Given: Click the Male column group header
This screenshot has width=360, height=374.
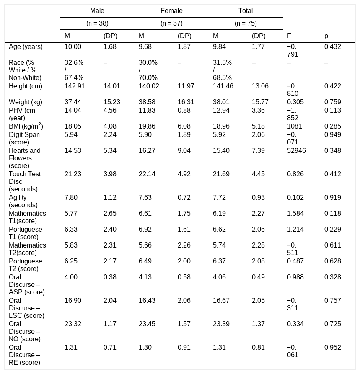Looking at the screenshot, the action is click(x=97, y=11).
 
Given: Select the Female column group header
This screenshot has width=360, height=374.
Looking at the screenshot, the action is click(x=171, y=11).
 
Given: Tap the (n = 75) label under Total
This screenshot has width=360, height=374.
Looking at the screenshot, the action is click(x=246, y=23).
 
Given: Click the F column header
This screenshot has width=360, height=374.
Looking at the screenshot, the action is click(x=289, y=36).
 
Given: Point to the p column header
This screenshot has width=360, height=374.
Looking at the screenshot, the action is click(x=326, y=36).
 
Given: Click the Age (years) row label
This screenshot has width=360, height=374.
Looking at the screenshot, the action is click(x=26, y=47).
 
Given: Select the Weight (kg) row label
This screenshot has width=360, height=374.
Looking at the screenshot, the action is click(x=26, y=102).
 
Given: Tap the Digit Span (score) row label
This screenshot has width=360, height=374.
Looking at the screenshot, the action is click(x=24, y=138).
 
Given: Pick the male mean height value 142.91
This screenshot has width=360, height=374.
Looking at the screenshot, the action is click(x=75, y=86).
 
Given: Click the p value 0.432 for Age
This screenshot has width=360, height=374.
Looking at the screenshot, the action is click(x=332, y=46).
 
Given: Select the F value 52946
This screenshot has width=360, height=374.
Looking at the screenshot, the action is click(x=296, y=150).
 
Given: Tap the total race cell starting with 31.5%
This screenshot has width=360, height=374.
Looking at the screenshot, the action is click(x=222, y=70).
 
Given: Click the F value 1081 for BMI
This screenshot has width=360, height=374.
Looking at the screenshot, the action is click(x=294, y=126).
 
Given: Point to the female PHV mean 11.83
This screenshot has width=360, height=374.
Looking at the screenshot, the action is click(x=147, y=111).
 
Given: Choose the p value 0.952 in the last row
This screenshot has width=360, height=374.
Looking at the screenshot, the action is click(x=332, y=348).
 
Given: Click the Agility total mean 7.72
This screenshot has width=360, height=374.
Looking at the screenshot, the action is click(x=219, y=198).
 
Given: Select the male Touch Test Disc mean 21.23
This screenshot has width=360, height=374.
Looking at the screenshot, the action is click(x=73, y=174).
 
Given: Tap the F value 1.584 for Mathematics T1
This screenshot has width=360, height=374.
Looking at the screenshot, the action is click(x=295, y=214).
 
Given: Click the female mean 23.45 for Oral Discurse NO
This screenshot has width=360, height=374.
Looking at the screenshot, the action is click(x=147, y=324).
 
